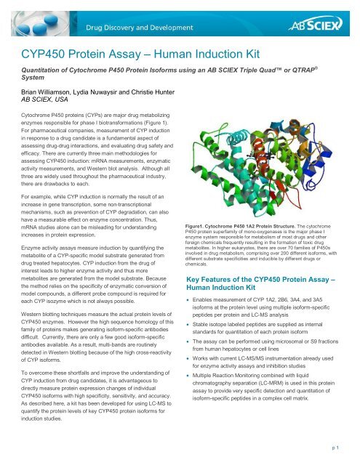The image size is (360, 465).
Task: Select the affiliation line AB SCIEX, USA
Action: click(x=49, y=103)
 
